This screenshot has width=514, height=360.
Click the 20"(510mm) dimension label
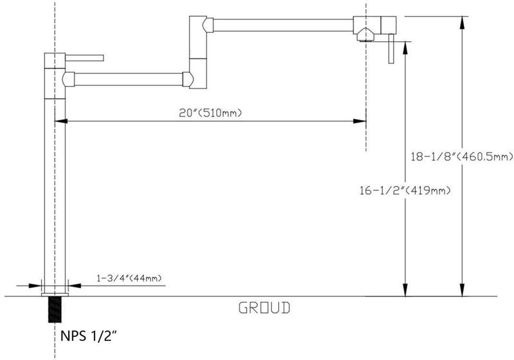click(x=210, y=113)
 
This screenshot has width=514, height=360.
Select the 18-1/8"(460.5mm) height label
click(x=462, y=157)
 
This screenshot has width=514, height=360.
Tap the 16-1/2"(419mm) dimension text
click(x=405, y=190)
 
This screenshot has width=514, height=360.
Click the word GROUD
click(x=264, y=308)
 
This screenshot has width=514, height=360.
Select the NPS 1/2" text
click(x=89, y=336)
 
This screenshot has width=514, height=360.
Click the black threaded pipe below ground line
click(x=55, y=309)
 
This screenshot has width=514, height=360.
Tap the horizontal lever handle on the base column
click(x=85, y=58)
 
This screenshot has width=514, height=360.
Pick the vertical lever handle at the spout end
click(x=391, y=48)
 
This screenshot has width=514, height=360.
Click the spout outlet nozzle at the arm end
click(x=366, y=35)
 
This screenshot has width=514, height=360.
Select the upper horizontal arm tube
click(x=283, y=25)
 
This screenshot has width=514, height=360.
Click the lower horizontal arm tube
click(x=128, y=79)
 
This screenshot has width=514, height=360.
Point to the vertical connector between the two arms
click(x=198, y=52)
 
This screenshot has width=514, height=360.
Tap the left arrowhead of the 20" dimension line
click(x=61, y=122)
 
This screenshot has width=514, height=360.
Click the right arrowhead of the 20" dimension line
click(x=360, y=122)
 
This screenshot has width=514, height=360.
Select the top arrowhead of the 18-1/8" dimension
click(x=462, y=22)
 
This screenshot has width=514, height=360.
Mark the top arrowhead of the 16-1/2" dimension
click(x=405, y=48)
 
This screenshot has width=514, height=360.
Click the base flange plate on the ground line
click(x=55, y=294)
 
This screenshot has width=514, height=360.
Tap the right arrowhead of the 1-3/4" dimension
click(x=75, y=285)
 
